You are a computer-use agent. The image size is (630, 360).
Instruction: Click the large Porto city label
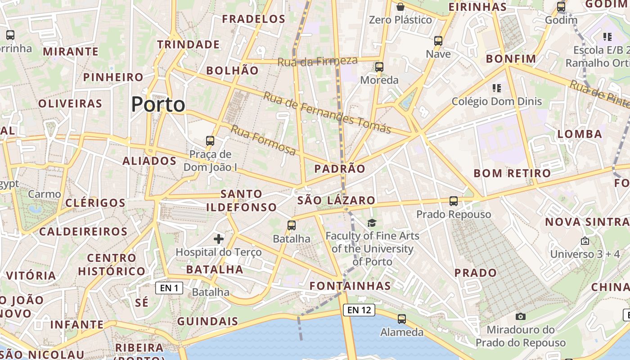[x=158, y=104]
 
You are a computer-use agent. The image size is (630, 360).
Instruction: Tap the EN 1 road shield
[x=169, y=288]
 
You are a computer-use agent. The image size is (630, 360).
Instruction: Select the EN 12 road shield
[x=359, y=310]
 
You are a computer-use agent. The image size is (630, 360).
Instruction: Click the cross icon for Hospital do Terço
[x=219, y=238]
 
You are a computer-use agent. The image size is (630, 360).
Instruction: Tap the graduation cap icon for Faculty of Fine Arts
[x=372, y=223]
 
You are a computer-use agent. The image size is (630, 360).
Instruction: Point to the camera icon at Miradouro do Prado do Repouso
[x=521, y=316]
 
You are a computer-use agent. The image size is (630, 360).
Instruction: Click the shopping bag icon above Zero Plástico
[x=400, y=6]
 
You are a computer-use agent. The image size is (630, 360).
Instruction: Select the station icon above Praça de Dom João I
[x=210, y=140]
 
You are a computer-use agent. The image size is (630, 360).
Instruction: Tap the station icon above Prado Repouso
[x=454, y=201]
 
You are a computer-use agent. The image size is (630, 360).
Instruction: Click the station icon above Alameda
[x=402, y=319]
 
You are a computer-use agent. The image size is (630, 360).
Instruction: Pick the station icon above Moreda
[x=379, y=67]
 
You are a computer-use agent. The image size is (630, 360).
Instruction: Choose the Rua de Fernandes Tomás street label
[x=327, y=112]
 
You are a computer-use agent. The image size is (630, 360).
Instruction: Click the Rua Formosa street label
[x=263, y=140]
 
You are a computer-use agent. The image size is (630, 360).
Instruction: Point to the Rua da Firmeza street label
[x=318, y=61]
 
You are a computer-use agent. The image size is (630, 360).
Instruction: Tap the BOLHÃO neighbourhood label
[x=232, y=71]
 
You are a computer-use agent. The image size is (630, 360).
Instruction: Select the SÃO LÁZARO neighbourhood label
[x=336, y=200]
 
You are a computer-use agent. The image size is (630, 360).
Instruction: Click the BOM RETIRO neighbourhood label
[x=512, y=173]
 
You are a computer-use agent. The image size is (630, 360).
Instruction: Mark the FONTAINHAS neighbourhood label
[x=350, y=286]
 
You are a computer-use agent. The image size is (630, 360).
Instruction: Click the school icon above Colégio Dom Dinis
[x=497, y=88]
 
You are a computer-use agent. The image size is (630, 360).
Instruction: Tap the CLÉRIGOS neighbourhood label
[x=95, y=202]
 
